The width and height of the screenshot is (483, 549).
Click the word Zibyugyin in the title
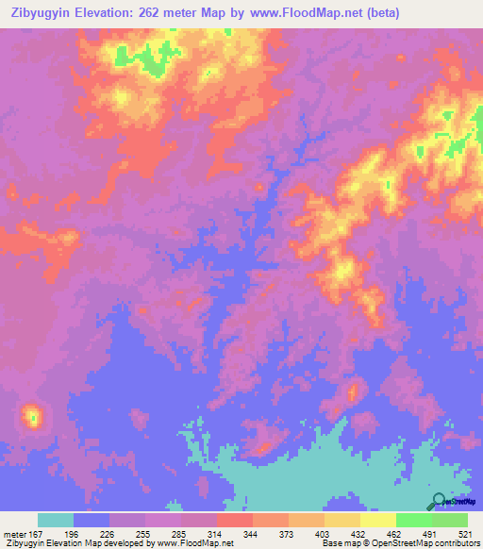pyautogui.click(x=42, y=13)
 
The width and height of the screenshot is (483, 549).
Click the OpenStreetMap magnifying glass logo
pyautogui.click(x=440, y=503)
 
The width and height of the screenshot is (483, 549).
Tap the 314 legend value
pyautogui.click(x=214, y=534)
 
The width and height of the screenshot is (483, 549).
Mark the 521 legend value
pyautogui.click(x=464, y=534)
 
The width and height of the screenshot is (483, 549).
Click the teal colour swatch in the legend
pyautogui.click(x=56, y=520)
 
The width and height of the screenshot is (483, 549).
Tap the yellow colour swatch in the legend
pyautogui.click(x=377, y=520)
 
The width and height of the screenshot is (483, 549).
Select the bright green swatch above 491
pyautogui.click(x=413, y=520)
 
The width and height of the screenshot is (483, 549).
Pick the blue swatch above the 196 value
pyautogui.click(x=92, y=520)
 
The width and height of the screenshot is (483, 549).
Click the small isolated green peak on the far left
pyautogui.click(x=33, y=414)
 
